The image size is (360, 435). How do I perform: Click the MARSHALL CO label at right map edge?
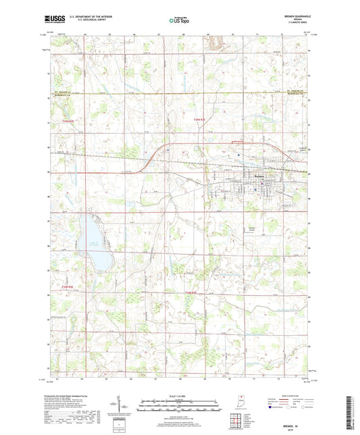pyautogui.click(x=296, y=93)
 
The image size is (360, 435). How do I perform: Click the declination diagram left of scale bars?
pyautogui.click(x=126, y=407)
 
